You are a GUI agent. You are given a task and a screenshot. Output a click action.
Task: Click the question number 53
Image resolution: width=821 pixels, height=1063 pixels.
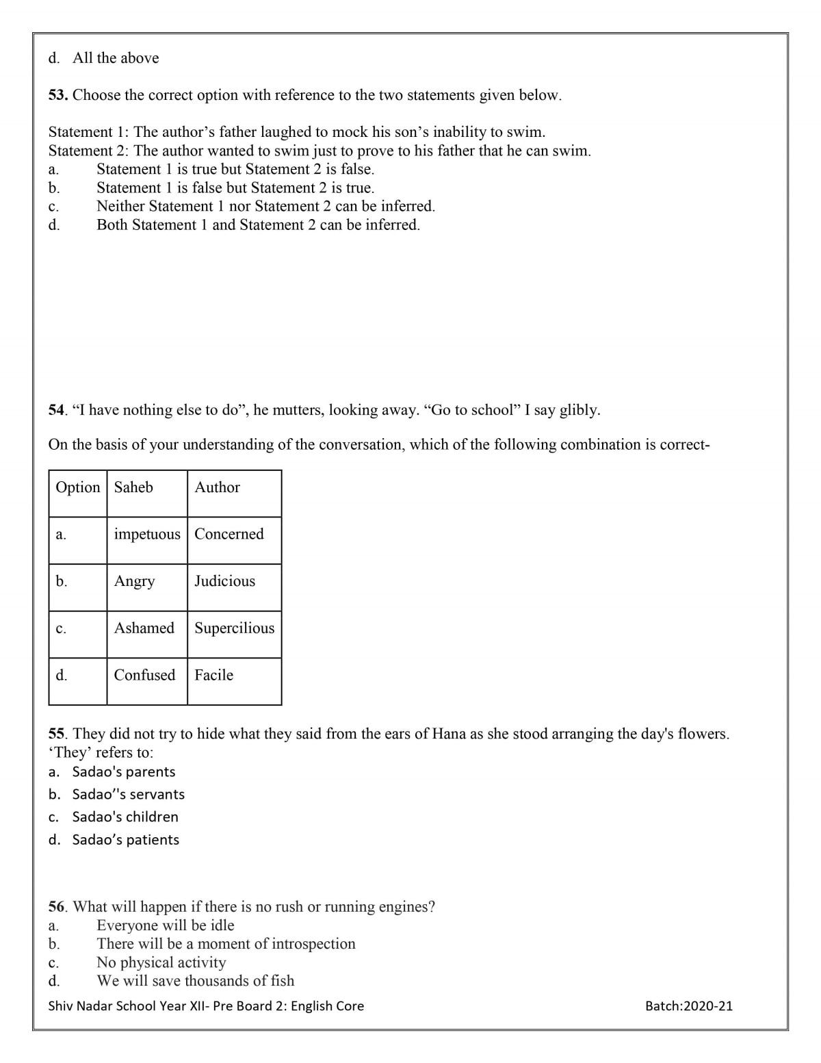click(57, 95)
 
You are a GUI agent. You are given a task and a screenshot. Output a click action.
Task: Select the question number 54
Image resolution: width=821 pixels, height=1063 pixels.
click(57, 410)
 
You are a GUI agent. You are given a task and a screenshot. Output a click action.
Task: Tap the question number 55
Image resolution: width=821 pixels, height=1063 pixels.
click(57, 734)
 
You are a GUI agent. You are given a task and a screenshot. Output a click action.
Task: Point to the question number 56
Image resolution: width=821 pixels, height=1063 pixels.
click(57, 907)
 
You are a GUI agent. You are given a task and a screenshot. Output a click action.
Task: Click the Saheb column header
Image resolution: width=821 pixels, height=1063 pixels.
click(133, 487)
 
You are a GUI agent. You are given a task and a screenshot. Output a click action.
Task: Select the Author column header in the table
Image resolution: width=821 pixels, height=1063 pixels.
click(217, 487)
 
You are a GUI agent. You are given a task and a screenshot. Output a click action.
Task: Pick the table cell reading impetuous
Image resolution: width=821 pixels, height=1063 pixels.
click(147, 534)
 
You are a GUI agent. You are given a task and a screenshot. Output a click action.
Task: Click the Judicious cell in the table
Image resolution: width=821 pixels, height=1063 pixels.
click(224, 581)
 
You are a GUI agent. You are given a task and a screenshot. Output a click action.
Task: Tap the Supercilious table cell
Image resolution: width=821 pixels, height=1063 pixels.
click(234, 628)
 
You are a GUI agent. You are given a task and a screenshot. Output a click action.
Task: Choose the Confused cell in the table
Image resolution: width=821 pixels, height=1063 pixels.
click(144, 675)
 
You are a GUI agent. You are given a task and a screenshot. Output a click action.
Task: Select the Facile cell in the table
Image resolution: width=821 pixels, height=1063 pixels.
click(213, 675)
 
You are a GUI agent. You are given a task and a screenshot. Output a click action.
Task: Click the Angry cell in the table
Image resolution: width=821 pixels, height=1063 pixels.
click(134, 581)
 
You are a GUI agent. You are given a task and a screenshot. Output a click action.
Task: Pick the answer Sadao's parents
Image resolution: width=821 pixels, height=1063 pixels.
click(124, 772)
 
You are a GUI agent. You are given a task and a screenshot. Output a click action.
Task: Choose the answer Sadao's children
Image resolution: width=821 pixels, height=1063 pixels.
click(125, 817)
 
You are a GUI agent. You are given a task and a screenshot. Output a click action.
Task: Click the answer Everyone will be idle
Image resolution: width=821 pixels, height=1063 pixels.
click(166, 925)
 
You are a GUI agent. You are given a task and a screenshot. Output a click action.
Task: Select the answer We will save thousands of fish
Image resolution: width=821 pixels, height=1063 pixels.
click(196, 981)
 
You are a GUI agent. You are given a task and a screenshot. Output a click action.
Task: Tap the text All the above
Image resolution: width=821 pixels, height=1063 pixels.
click(116, 58)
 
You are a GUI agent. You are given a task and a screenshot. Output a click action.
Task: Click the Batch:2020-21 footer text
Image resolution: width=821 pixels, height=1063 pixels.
click(688, 1006)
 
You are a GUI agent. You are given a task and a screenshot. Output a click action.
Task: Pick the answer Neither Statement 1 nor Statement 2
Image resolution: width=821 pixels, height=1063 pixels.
click(265, 206)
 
